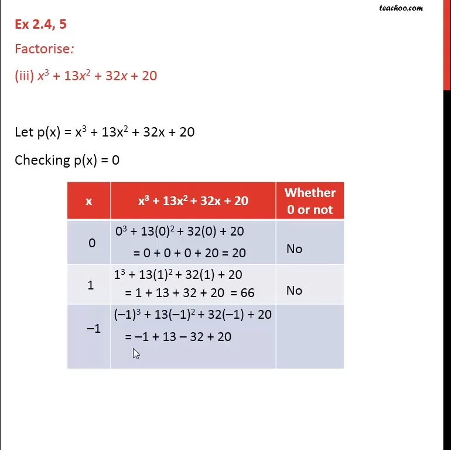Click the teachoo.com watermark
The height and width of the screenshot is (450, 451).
click(x=401, y=8)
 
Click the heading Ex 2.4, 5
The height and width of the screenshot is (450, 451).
click(x=45, y=25)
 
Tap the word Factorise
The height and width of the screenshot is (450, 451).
click(x=42, y=49)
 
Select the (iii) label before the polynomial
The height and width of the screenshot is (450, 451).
click(x=24, y=76)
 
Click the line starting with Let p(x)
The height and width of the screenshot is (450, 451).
click(x=104, y=132)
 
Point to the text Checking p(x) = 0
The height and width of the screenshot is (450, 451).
click(x=67, y=159)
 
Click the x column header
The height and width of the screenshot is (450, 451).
click(x=88, y=201)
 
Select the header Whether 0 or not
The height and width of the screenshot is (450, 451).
click(x=309, y=201)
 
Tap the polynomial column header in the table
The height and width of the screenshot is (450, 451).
click(x=193, y=201)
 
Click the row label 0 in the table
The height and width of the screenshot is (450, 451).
click(x=91, y=242)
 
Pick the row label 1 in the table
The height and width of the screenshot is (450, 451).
click(x=90, y=285)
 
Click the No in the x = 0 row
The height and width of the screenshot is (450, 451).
click(x=294, y=249)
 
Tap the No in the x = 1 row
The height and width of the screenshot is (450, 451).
click(x=294, y=291)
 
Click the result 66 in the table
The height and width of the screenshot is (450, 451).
click(x=247, y=292)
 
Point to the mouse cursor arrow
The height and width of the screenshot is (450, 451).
click(x=135, y=353)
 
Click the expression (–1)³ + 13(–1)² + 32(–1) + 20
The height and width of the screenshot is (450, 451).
click(x=193, y=315)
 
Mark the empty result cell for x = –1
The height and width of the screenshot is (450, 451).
click(x=309, y=336)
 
